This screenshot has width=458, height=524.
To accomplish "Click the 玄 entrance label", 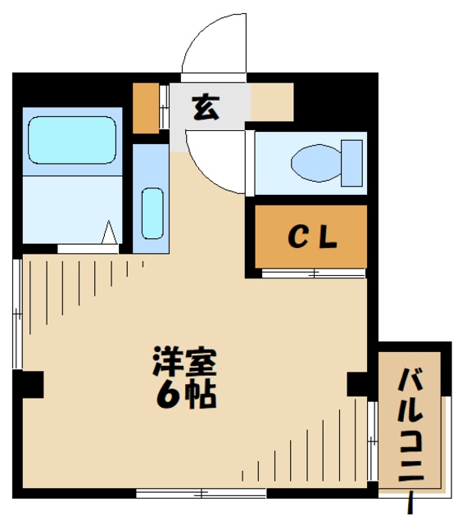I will [206, 107].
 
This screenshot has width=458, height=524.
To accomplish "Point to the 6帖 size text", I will [186, 395].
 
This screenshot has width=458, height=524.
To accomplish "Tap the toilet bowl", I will [316, 162].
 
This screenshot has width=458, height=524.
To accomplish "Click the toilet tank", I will [351, 162].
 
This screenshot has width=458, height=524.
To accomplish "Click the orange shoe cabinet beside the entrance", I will [146, 108].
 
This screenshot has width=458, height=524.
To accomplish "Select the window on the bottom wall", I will [202, 493].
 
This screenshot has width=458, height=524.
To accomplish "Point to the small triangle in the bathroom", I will [109, 233].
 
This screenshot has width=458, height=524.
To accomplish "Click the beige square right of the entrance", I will [271, 103].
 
